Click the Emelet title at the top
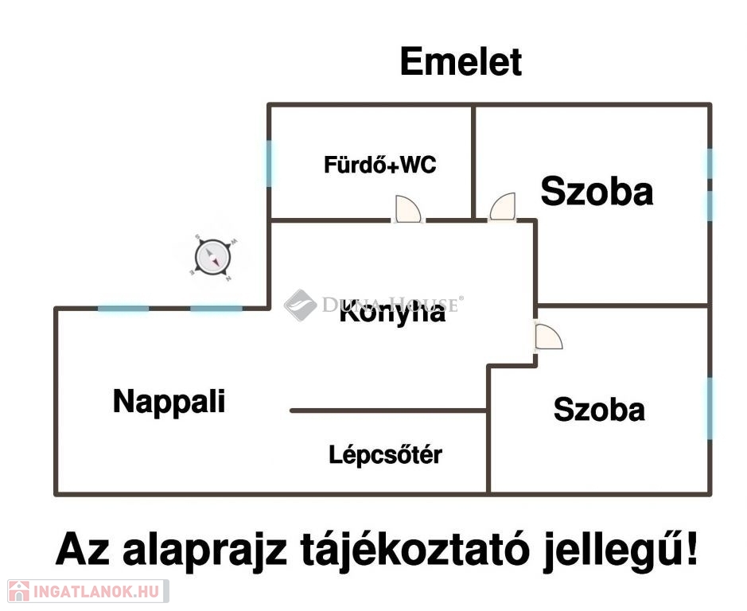coord(461,62)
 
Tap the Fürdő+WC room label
coord(379,165)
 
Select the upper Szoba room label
coord(597,192)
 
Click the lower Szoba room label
coord(599,410)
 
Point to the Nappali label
coord(169,401)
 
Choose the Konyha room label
coord(392,313)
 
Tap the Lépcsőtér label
coord(385,455)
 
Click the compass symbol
coord(213,257)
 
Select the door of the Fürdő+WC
coord(408,209)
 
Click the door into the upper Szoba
coord(503,208)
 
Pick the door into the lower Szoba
coord(548,337)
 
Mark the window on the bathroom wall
coord(269,163)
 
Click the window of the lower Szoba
coord(710,408)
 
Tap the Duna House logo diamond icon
coord(300,305)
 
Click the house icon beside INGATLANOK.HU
coord(18,591)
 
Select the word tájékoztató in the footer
coord(414,551)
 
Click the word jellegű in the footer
coord(611,550)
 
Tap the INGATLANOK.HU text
coord(95,591)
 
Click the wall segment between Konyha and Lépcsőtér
coord(387,411)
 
